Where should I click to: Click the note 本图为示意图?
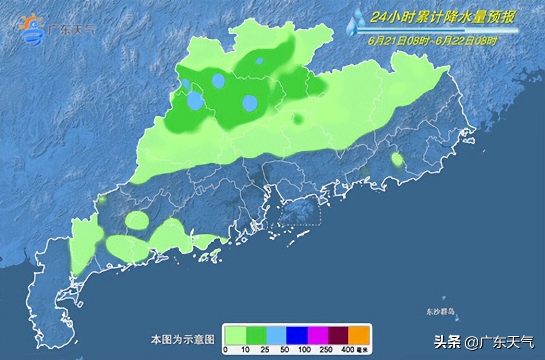(183, 339)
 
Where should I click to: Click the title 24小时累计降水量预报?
(441, 17)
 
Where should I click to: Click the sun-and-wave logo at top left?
(31, 30)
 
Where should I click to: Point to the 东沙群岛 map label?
(441, 311)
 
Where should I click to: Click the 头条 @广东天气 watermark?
(484, 343)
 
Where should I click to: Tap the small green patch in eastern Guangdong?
(397, 159)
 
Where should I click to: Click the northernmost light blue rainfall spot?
(260, 61)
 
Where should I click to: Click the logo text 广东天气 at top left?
(71, 29)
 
